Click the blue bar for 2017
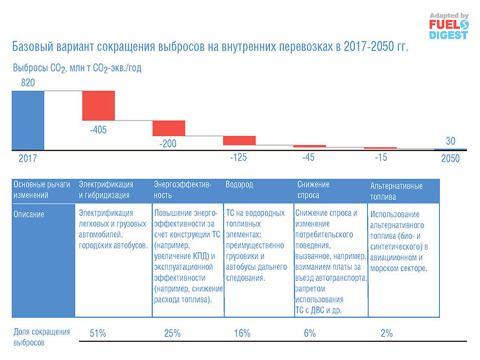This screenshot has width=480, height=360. pyautogui.click(x=28, y=120)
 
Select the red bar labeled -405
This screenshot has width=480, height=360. pyautogui.click(x=98, y=105)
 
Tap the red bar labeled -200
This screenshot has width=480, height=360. pyautogui.click(x=169, y=128)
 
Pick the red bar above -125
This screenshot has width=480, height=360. pyautogui.click(x=239, y=140)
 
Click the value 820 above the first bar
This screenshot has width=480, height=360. pyautogui.click(x=27, y=83)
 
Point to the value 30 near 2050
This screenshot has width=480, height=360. pyautogui.click(x=450, y=141)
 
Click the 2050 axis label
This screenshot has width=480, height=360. pyautogui.click(x=450, y=158)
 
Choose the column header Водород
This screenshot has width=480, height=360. pyautogui.click(x=239, y=184)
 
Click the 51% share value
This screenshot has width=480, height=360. pyautogui.click(x=98, y=333)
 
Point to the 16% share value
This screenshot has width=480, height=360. pyautogui.click(x=241, y=333)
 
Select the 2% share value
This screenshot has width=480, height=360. pyautogui.click(x=387, y=333)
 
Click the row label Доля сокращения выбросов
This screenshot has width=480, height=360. pyautogui.click(x=42, y=337)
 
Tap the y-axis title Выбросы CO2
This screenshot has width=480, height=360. pyautogui.click(x=77, y=68)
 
